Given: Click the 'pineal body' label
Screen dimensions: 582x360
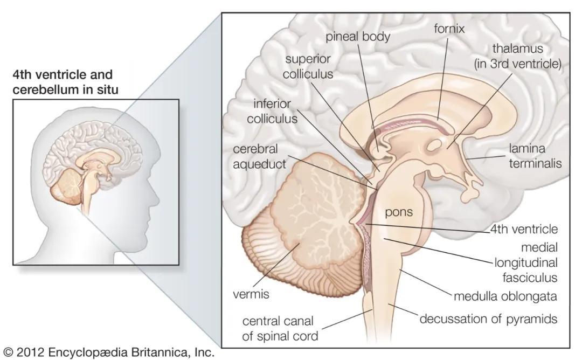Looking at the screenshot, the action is [358, 37].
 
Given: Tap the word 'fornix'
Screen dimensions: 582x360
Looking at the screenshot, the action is [449, 28].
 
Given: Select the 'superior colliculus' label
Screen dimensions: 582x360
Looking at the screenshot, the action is [308, 66].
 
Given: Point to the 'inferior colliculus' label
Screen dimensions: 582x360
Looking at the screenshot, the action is [272, 111].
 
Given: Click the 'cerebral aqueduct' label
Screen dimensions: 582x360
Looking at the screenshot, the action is [259, 156].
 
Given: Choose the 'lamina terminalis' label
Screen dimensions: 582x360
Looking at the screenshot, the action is [535, 156].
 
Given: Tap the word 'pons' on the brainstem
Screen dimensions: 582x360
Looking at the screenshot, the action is [399, 212].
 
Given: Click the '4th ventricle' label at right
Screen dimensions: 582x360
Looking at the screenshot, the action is [524, 229].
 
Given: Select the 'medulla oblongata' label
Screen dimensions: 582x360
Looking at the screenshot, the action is [505, 296].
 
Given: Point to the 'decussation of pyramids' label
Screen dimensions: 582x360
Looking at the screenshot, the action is [488, 319].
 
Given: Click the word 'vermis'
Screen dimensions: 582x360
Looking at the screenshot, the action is [251, 294].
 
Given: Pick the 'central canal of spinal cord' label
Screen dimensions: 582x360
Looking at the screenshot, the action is [280, 328].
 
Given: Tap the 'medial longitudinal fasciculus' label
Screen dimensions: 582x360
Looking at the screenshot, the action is [526, 262].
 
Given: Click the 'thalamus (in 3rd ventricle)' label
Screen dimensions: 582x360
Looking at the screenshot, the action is [518, 56].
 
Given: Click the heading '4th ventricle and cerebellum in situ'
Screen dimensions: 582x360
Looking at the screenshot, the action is [65, 82].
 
